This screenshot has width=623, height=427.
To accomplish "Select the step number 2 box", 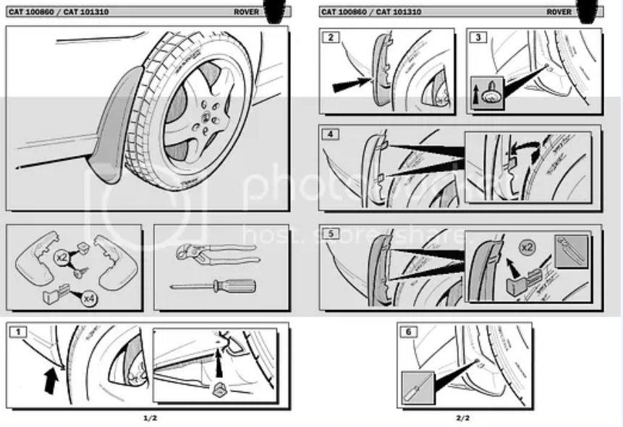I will tap(331, 37).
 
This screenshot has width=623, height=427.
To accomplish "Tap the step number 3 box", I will tap(478, 37).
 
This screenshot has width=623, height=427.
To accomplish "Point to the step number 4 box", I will tap(331, 134).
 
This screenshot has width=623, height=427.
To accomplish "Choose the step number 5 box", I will tap(331, 234).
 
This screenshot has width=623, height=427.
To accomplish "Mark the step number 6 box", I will tap(409, 332).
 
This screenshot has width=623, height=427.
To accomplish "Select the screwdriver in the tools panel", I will tap(213, 286).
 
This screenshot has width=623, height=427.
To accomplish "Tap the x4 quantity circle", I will tap(89, 297).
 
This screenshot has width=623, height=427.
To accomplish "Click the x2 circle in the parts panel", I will tap(62, 256).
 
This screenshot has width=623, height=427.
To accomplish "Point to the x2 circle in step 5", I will tap(530, 246).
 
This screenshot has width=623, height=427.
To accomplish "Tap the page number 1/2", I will tap(150, 418).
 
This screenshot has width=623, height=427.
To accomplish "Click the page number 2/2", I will tap(462, 418).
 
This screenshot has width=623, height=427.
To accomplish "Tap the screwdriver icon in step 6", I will tap(416, 388).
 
